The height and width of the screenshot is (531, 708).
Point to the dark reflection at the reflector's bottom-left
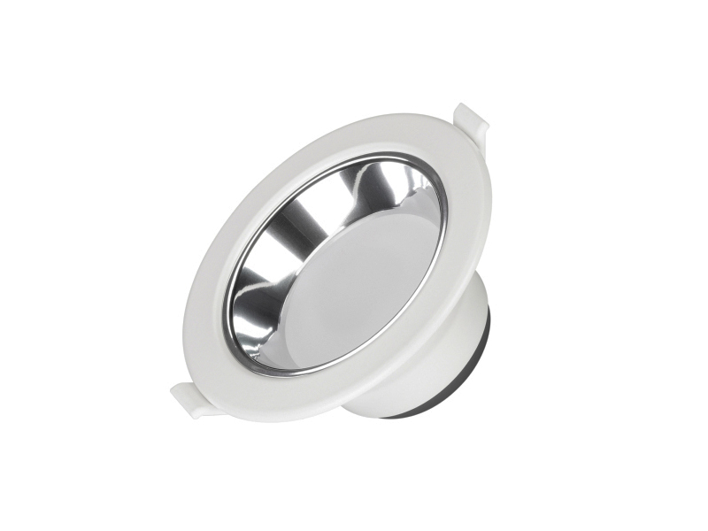point(248,327)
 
